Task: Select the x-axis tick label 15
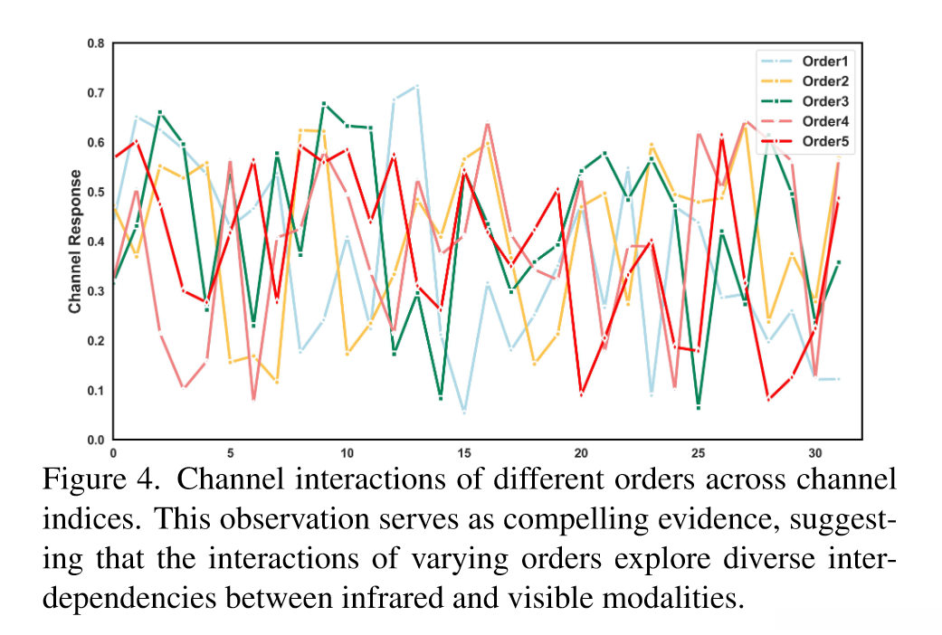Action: click(464, 450)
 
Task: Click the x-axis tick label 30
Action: click(815, 450)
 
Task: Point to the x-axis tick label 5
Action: click(230, 450)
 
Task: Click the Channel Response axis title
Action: click(75, 242)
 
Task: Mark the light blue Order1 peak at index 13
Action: click(417, 86)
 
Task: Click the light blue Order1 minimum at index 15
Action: click(464, 412)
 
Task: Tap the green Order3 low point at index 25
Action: click(699, 406)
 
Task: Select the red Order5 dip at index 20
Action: click(581, 393)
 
